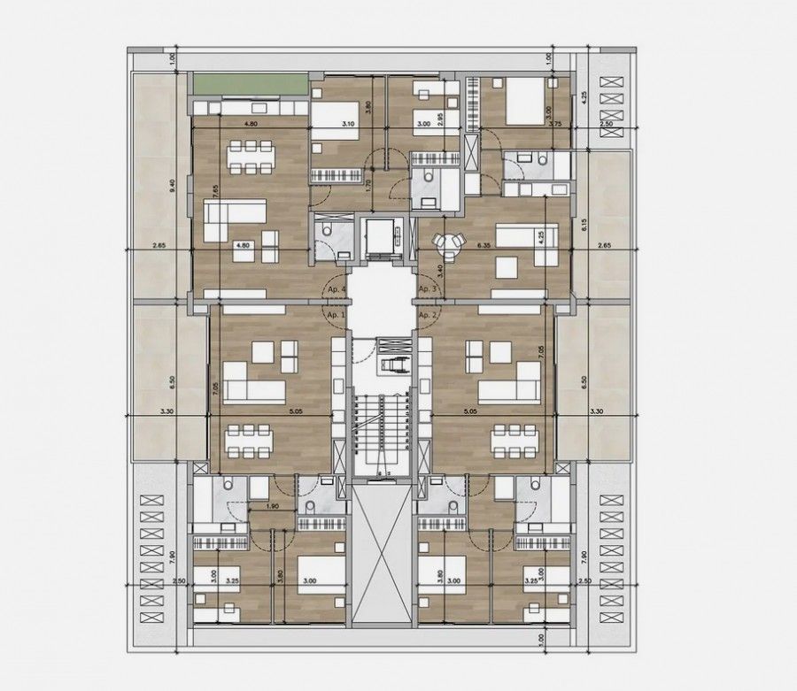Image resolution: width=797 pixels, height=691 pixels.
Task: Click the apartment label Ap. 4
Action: click(335, 288)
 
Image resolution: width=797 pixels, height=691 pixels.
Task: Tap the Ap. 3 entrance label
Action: click(429, 288)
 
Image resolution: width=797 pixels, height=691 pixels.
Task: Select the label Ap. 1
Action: click(335, 315)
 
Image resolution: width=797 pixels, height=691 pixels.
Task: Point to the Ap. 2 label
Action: click(429, 315)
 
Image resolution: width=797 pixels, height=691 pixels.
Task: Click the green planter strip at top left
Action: click(250, 87)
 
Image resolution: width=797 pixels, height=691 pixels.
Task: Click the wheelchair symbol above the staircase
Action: click(389, 364)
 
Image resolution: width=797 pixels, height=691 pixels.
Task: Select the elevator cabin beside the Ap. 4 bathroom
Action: click(381, 238)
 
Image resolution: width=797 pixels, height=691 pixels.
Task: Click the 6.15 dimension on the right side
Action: click(584, 226)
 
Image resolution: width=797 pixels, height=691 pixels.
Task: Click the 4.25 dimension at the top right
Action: click(584, 99)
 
